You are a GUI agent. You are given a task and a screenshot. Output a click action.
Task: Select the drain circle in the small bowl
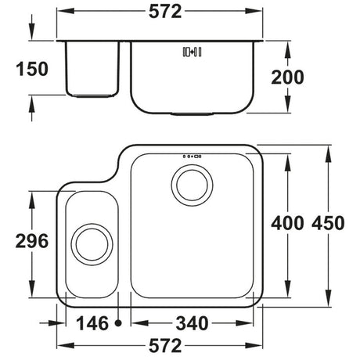(x=90, y=246)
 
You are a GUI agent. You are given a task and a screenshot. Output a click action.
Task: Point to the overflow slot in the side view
(x=191, y=52)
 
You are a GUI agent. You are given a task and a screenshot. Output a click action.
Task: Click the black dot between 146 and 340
(x=118, y=322)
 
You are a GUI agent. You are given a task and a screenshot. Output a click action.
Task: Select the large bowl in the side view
(x=191, y=78)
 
